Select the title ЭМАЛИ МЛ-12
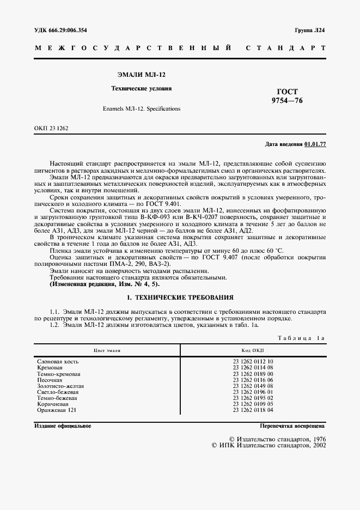pos(141,74)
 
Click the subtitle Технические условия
pos(141,88)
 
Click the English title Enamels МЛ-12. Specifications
pos(141,109)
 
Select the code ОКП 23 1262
pos(51,128)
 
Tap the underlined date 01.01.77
pos(315,144)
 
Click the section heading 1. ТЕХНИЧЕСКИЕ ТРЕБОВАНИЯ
pos(180,297)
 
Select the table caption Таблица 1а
pos(301,338)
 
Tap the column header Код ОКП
pos(253,351)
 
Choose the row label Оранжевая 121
pos(57,410)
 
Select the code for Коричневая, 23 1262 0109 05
pos(253,404)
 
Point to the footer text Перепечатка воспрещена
pos(292,426)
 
